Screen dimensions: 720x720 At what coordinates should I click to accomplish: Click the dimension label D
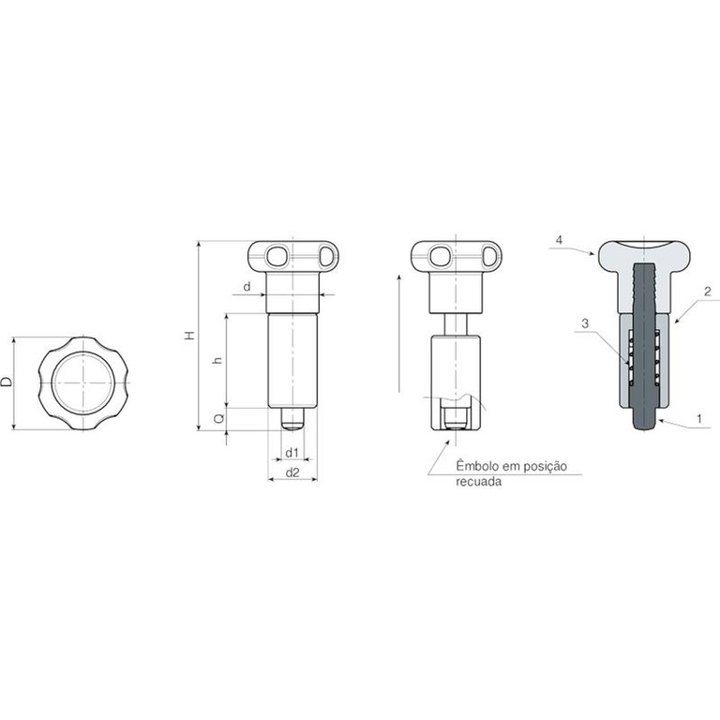click(7, 382)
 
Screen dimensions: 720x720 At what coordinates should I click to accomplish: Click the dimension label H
click(190, 336)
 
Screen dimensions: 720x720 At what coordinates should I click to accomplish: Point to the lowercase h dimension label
click(218, 360)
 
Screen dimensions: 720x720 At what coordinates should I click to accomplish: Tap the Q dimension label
click(219, 419)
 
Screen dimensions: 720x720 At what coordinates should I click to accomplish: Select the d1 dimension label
click(292, 453)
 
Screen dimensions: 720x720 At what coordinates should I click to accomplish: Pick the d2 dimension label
click(292, 472)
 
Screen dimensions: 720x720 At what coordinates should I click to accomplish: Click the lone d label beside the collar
click(247, 287)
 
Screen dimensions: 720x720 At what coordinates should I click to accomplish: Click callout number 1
click(699, 418)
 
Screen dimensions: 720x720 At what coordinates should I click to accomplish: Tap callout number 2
click(708, 292)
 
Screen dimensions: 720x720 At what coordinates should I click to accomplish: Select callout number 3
click(585, 323)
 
